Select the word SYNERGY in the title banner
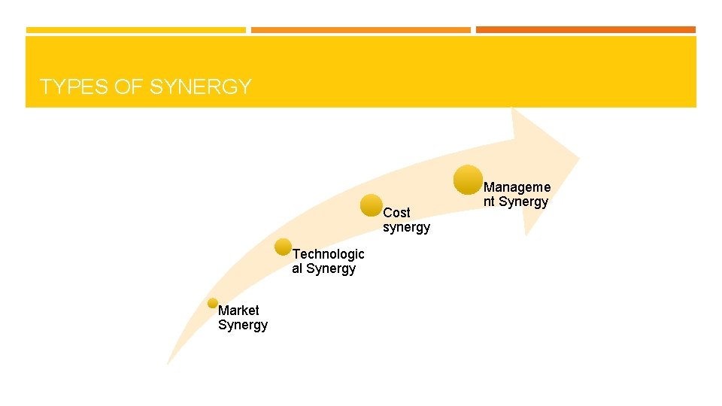pos(200,87)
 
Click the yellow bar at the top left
pos(135,30)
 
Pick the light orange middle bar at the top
pos(360,30)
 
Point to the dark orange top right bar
pos(585,30)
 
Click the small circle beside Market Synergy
pos(213,303)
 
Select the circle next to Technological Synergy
pos(284,247)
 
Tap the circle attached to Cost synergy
pos(372,205)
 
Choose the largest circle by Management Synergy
pos(469,180)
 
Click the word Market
pos(238,311)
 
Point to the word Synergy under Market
pos(243,326)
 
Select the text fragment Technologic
pos(328,254)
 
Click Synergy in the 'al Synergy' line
pos(331,269)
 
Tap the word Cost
pos(396,213)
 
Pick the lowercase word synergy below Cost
pos(406,228)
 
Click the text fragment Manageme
pos(517,187)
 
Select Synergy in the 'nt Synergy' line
pos(524,202)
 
